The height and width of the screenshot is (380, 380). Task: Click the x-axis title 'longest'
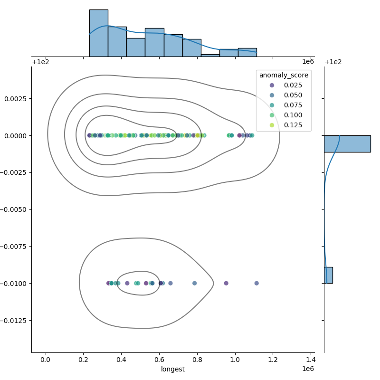pos(173,369)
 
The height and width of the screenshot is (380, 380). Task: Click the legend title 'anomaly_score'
pos(284,75)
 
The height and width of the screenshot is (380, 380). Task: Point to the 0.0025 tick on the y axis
pos(16,99)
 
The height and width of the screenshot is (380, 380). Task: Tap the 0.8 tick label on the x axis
pos(197,360)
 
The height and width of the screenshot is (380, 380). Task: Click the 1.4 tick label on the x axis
pos(311,360)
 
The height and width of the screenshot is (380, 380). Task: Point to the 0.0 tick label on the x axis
pos(46,360)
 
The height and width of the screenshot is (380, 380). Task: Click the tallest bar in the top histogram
pos(98,33)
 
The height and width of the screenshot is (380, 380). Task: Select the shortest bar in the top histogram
pos(210,55)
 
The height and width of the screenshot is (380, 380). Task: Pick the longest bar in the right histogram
pos(347,143)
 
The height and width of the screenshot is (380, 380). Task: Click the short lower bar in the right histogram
pos(328,275)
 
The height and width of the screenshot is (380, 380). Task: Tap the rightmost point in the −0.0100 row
pos(256,283)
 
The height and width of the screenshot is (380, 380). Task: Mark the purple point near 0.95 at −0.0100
pos(226,283)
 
